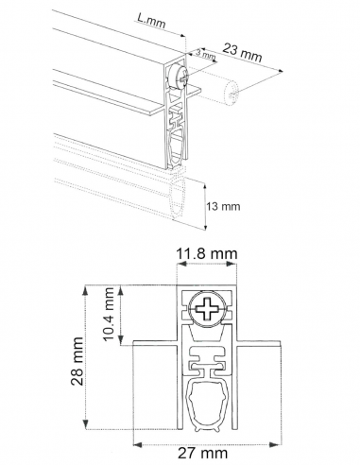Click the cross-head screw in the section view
coord(207,307)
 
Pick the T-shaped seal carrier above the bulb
coord(207,361)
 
